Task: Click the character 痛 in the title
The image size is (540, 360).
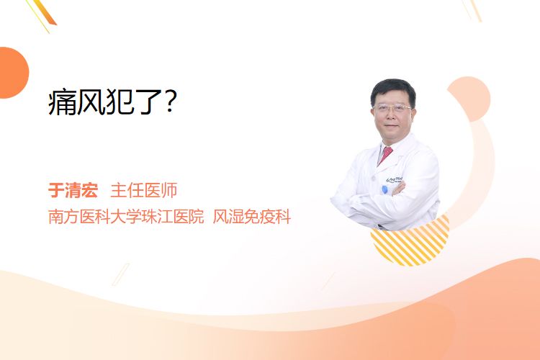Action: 62,102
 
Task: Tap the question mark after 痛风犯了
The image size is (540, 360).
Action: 171,102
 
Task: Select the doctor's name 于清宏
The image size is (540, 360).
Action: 73,190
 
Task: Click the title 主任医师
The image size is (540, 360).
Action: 143,190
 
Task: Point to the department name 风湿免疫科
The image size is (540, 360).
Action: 252,216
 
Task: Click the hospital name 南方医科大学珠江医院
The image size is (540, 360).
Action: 126,216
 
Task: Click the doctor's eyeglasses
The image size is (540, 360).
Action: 392,108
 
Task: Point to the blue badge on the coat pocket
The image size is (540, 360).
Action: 384,189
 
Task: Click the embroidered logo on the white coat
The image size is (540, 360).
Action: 395,179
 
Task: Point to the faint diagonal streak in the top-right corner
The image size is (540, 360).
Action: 472,10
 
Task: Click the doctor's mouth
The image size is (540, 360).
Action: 391,126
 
